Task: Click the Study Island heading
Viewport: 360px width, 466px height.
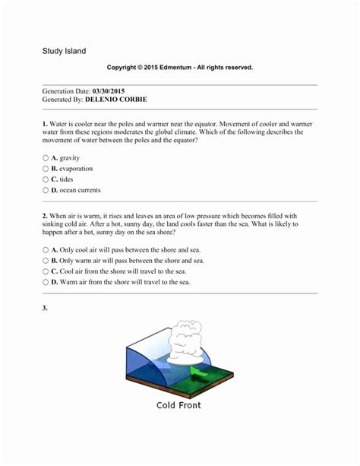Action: (x=64, y=51)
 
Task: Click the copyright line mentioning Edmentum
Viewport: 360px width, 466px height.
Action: (x=179, y=68)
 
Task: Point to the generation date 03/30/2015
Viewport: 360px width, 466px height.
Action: (x=114, y=90)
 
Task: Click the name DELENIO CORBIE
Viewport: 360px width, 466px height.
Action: (x=115, y=100)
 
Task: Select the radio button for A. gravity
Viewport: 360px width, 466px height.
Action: (x=46, y=157)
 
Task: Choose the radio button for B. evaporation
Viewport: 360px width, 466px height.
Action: (x=46, y=168)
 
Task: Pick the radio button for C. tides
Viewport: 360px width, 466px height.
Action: (x=46, y=179)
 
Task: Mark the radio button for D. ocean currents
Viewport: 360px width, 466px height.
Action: (x=46, y=190)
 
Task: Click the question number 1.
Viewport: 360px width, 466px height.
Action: (x=45, y=122)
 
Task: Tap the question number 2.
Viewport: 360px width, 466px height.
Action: (x=45, y=216)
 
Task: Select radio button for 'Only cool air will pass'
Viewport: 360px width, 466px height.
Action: (x=46, y=249)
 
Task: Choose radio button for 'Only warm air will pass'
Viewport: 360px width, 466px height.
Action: (x=46, y=260)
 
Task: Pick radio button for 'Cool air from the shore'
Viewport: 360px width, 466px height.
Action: (x=46, y=271)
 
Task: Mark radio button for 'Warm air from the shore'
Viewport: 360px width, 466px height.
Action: (x=46, y=282)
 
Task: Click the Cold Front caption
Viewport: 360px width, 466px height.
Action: (x=178, y=405)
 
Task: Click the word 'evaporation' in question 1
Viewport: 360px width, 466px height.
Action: (x=76, y=168)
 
